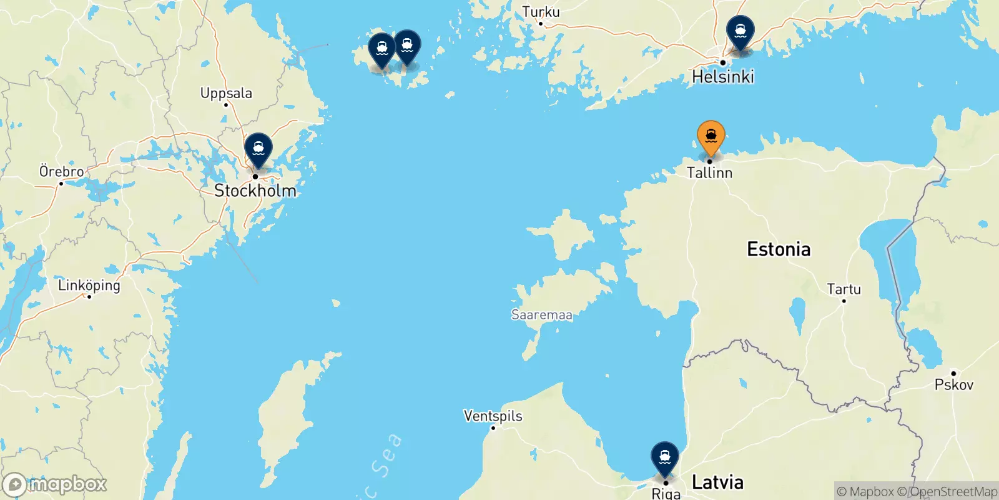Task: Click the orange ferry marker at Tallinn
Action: [711, 136]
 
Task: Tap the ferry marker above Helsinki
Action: [740, 31]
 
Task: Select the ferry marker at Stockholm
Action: [258, 149]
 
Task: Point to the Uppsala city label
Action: [226, 94]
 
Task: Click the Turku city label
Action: [541, 12]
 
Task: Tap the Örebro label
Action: [61, 171]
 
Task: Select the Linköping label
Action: [89, 286]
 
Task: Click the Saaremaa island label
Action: [541, 315]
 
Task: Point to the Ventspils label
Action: [493, 416]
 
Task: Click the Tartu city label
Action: [844, 289]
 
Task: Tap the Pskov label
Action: [953, 385]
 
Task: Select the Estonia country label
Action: [779, 249]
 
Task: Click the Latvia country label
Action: [717, 482]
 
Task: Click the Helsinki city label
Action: [723, 77]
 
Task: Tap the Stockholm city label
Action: [255, 191]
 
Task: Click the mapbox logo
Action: [55, 484]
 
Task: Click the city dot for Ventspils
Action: [493, 427]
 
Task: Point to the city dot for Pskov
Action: [953, 373]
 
